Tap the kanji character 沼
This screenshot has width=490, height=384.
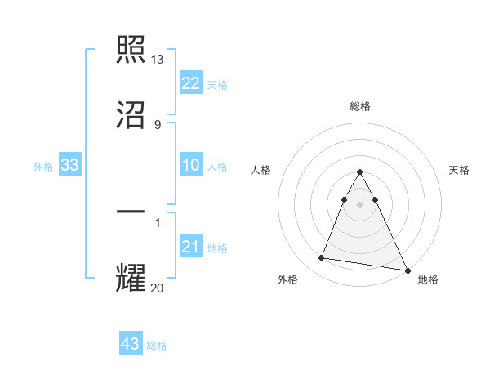point(131,114)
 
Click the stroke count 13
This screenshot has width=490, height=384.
point(158,59)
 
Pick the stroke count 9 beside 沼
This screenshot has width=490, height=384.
point(157,124)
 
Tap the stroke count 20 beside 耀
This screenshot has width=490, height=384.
point(158,288)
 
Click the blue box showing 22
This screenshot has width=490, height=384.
point(191,83)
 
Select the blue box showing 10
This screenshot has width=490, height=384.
point(191,165)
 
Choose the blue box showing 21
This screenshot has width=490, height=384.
point(191,247)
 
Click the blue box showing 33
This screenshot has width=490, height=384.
point(70,165)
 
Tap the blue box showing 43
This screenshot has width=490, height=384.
point(131,344)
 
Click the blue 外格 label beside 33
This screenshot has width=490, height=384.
point(43,167)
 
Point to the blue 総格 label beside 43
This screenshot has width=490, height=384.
point(157,346)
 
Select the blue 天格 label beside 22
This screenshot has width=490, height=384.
point(217,85)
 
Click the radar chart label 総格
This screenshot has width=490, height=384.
point(359,106)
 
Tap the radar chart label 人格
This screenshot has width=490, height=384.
point(261,170)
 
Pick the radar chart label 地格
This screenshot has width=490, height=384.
point(428,279)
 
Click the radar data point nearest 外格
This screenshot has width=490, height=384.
point(321,258)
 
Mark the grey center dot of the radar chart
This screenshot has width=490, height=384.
point(359,203)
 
